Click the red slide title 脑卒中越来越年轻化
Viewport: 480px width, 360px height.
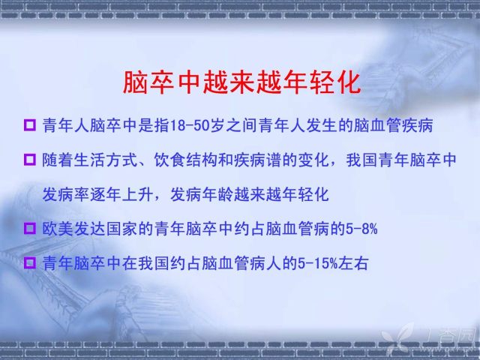[241, 83]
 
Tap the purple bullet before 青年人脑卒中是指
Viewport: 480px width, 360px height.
[30, 125]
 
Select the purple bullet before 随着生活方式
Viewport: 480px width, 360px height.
[30, 160]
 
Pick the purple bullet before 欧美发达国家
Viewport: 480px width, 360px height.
[30, 228]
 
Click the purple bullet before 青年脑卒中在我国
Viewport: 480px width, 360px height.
[30, 263]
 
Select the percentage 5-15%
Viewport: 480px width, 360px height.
[317, 263]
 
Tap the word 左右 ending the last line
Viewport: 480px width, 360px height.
[353, 263]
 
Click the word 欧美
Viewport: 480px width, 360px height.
[58, 229]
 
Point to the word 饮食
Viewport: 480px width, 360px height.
[170, 160]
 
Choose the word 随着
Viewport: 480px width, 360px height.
[58, 160]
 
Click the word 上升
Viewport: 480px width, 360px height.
[138, 194]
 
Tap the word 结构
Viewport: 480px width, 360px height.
[202, 160]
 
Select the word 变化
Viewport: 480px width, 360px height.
[313, 160]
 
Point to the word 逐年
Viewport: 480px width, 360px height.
[106, 194]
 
